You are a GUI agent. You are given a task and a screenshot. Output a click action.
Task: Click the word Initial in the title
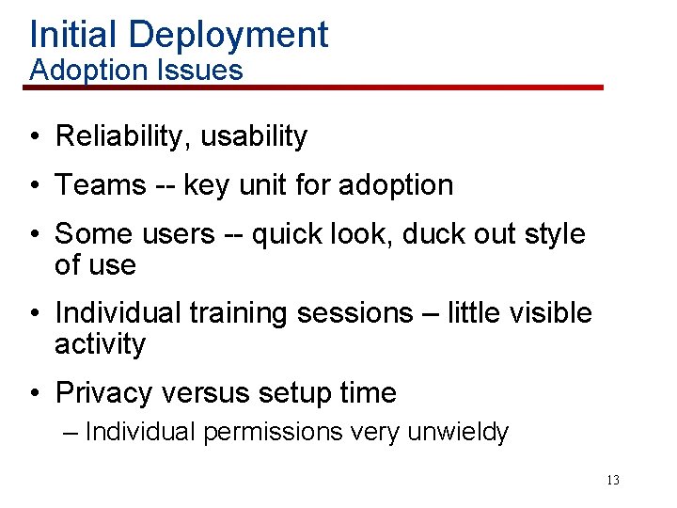click(x=74, y=35)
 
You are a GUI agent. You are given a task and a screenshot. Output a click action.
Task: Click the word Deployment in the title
click(x=228, y=35)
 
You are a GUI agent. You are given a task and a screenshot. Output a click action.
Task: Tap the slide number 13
click(x=612, y=480)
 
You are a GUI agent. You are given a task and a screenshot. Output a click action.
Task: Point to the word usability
click(x=254, y=136)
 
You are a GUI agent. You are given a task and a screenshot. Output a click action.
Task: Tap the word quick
click(x=287, y=234)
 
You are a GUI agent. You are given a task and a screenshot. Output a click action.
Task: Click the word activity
click(x=101, y=344)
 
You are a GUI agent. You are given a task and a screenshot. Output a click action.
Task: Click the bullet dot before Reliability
click(x=33, y=137)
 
